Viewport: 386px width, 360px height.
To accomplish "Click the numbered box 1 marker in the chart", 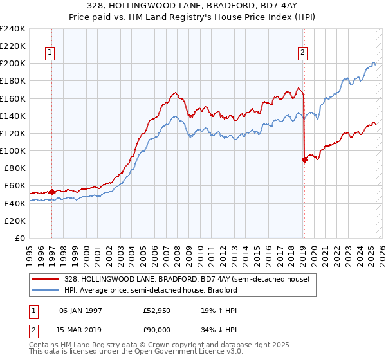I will coord(50,53).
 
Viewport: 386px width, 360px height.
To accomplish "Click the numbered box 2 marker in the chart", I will coord(302,53).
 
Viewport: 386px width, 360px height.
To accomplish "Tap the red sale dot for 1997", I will coord(51,191).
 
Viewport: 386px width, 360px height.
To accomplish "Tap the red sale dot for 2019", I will coord(304,160).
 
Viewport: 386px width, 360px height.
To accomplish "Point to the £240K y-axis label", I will coord(12,29).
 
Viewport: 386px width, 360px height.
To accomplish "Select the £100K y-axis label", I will coord(12,150).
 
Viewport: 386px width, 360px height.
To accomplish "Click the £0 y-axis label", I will coord(19,238).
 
